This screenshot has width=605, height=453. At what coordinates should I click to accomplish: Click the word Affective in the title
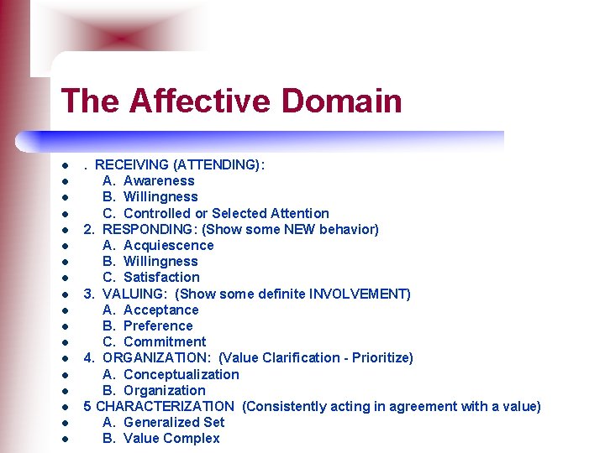pyautogui.click(x=202, y=102)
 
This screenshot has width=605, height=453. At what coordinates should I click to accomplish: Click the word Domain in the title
pyautogui.click(x=342, y=102)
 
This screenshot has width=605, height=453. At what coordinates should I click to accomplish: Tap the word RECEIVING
pyautogui.click(x=130, y=164)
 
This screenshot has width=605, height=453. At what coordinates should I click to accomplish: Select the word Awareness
pyautogui.click(x=159, y=180)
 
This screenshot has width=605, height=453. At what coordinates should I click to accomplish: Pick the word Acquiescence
pyautogui.click(x=169, y=245)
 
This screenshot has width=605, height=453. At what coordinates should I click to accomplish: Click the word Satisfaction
pyautogui.click(x=161, y=277)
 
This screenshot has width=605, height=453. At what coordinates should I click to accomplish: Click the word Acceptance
pyautogui.click(x=161, y=310)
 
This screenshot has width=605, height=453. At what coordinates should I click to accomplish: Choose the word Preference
pyautogui.click(x=158, y=325)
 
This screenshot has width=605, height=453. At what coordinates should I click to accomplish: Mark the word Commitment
pyautogui.click(x=165, y=341)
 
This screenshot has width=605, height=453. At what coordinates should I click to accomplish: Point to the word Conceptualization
pyautogui.click(x=181, y=374)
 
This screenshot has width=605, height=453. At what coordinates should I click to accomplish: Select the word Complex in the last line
pyautogui.click(x=192, y=438)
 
